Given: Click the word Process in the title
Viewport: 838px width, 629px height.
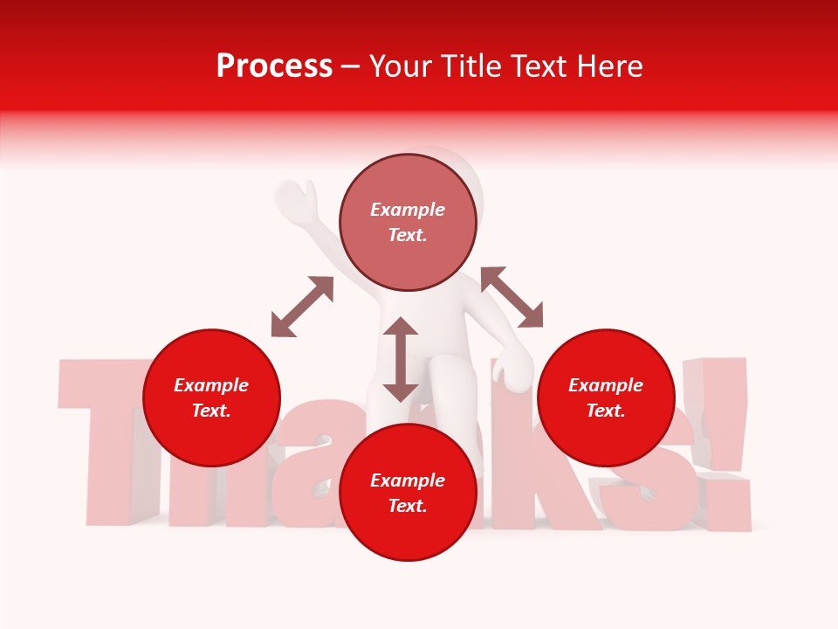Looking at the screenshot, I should coord(274,66).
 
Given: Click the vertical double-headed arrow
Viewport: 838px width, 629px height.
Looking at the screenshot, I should coord(401,359).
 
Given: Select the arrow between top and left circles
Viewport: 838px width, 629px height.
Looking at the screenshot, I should coord(302,307).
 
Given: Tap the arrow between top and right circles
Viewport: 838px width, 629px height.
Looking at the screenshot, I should coord(512,297).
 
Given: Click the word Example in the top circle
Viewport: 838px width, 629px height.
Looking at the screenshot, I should coord(408,210).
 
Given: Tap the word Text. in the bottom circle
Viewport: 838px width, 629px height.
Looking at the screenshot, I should coord(408,507).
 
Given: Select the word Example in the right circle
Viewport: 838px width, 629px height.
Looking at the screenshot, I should coord(606,385).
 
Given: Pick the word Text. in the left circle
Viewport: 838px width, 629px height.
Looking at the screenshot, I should coord(211,411).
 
